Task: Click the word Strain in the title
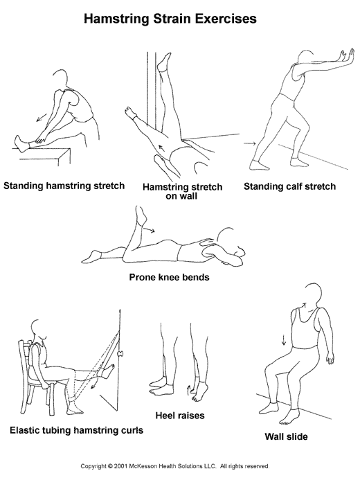point(172,19)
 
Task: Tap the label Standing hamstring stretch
point(64,186)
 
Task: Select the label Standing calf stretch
point(289,186)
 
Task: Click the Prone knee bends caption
point(169,277)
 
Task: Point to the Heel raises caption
point(180,416)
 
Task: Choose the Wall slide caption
point(286,436)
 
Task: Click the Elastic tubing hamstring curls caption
point(76,430)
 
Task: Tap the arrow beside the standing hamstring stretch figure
point(42,117)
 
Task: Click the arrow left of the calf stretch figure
point(249,143)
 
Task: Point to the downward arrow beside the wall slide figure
point(284,339)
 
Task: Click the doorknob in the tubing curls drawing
point(120,353)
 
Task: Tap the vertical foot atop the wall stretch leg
point(163,62)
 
